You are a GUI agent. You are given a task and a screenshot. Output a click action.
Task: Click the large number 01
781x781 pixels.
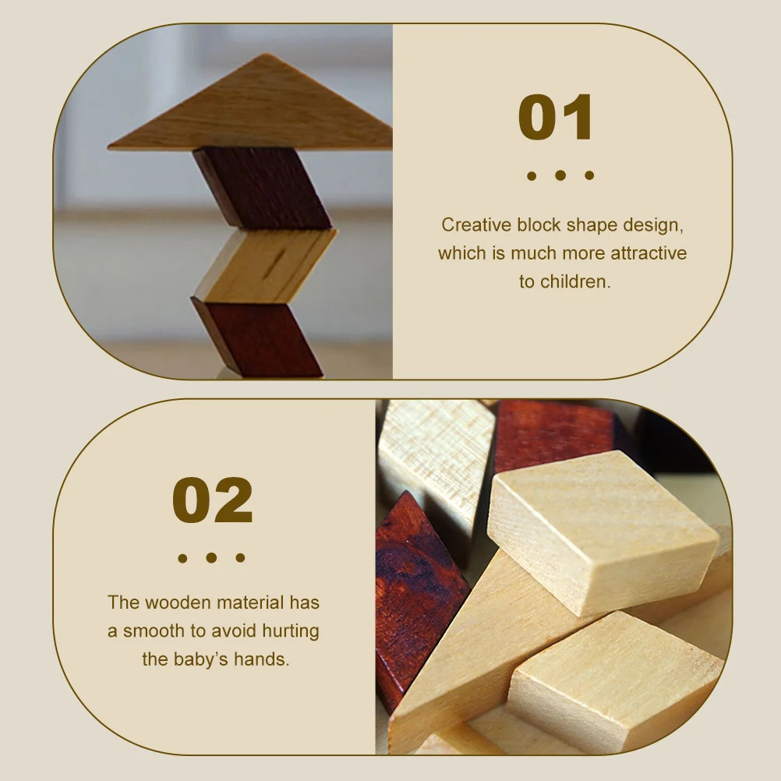[556, 118]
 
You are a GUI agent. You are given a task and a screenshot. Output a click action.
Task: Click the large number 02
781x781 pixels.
[213, 500]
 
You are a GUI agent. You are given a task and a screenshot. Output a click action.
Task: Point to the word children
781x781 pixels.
[576, 281]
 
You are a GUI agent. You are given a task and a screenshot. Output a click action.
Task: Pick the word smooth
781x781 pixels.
[153, 631]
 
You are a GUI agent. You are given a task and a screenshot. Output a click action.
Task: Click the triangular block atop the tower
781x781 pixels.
[257, 109]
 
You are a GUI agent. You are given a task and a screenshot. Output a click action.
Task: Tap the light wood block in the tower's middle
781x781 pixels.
[265, 265]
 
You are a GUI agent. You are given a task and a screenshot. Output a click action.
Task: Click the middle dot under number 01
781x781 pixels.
[560, 175]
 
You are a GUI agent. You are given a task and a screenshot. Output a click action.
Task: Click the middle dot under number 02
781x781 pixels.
[211, 558]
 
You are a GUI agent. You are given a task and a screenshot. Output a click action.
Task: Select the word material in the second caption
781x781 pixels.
[248, 603]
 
